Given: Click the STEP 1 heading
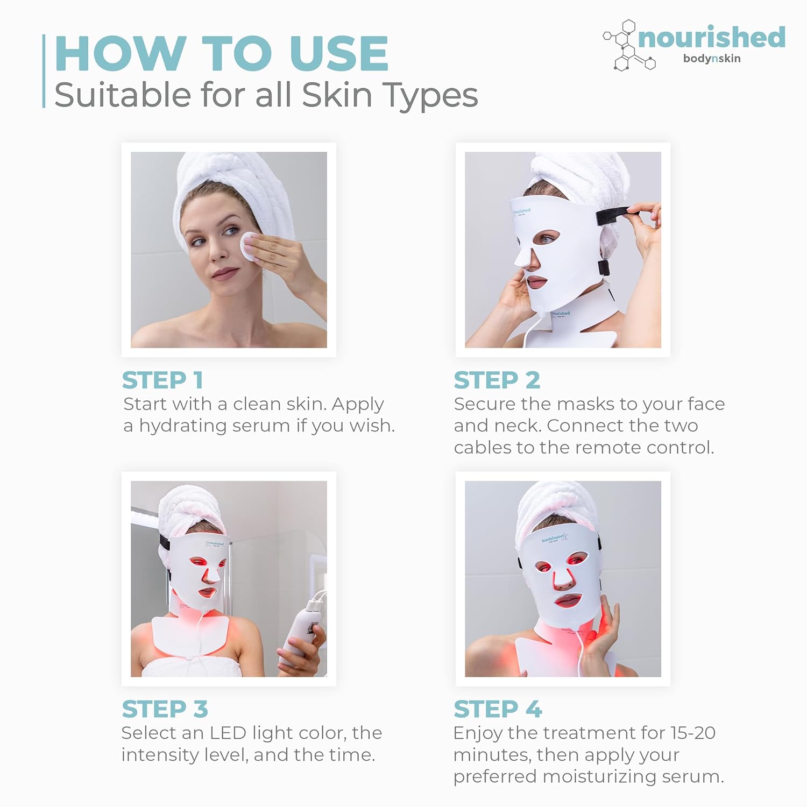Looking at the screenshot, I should (x=162, y=380).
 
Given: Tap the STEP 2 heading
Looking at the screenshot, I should (x=497, y=380).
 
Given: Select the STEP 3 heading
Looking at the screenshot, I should (x=165, y=709).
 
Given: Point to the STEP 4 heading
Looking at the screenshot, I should (x=498, y=709).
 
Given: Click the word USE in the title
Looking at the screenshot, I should (x=338, y=54).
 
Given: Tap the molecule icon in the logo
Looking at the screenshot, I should (x=626, y=46).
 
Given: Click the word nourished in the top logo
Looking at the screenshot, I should (x=711, y=38).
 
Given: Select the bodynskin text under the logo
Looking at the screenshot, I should (x=711, y=59).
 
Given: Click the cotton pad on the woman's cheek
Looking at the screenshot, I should (x=249, y=245).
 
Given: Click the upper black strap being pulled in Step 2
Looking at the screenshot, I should (x=613, y=215).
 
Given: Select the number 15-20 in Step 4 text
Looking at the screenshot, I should (x=692, y=733).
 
